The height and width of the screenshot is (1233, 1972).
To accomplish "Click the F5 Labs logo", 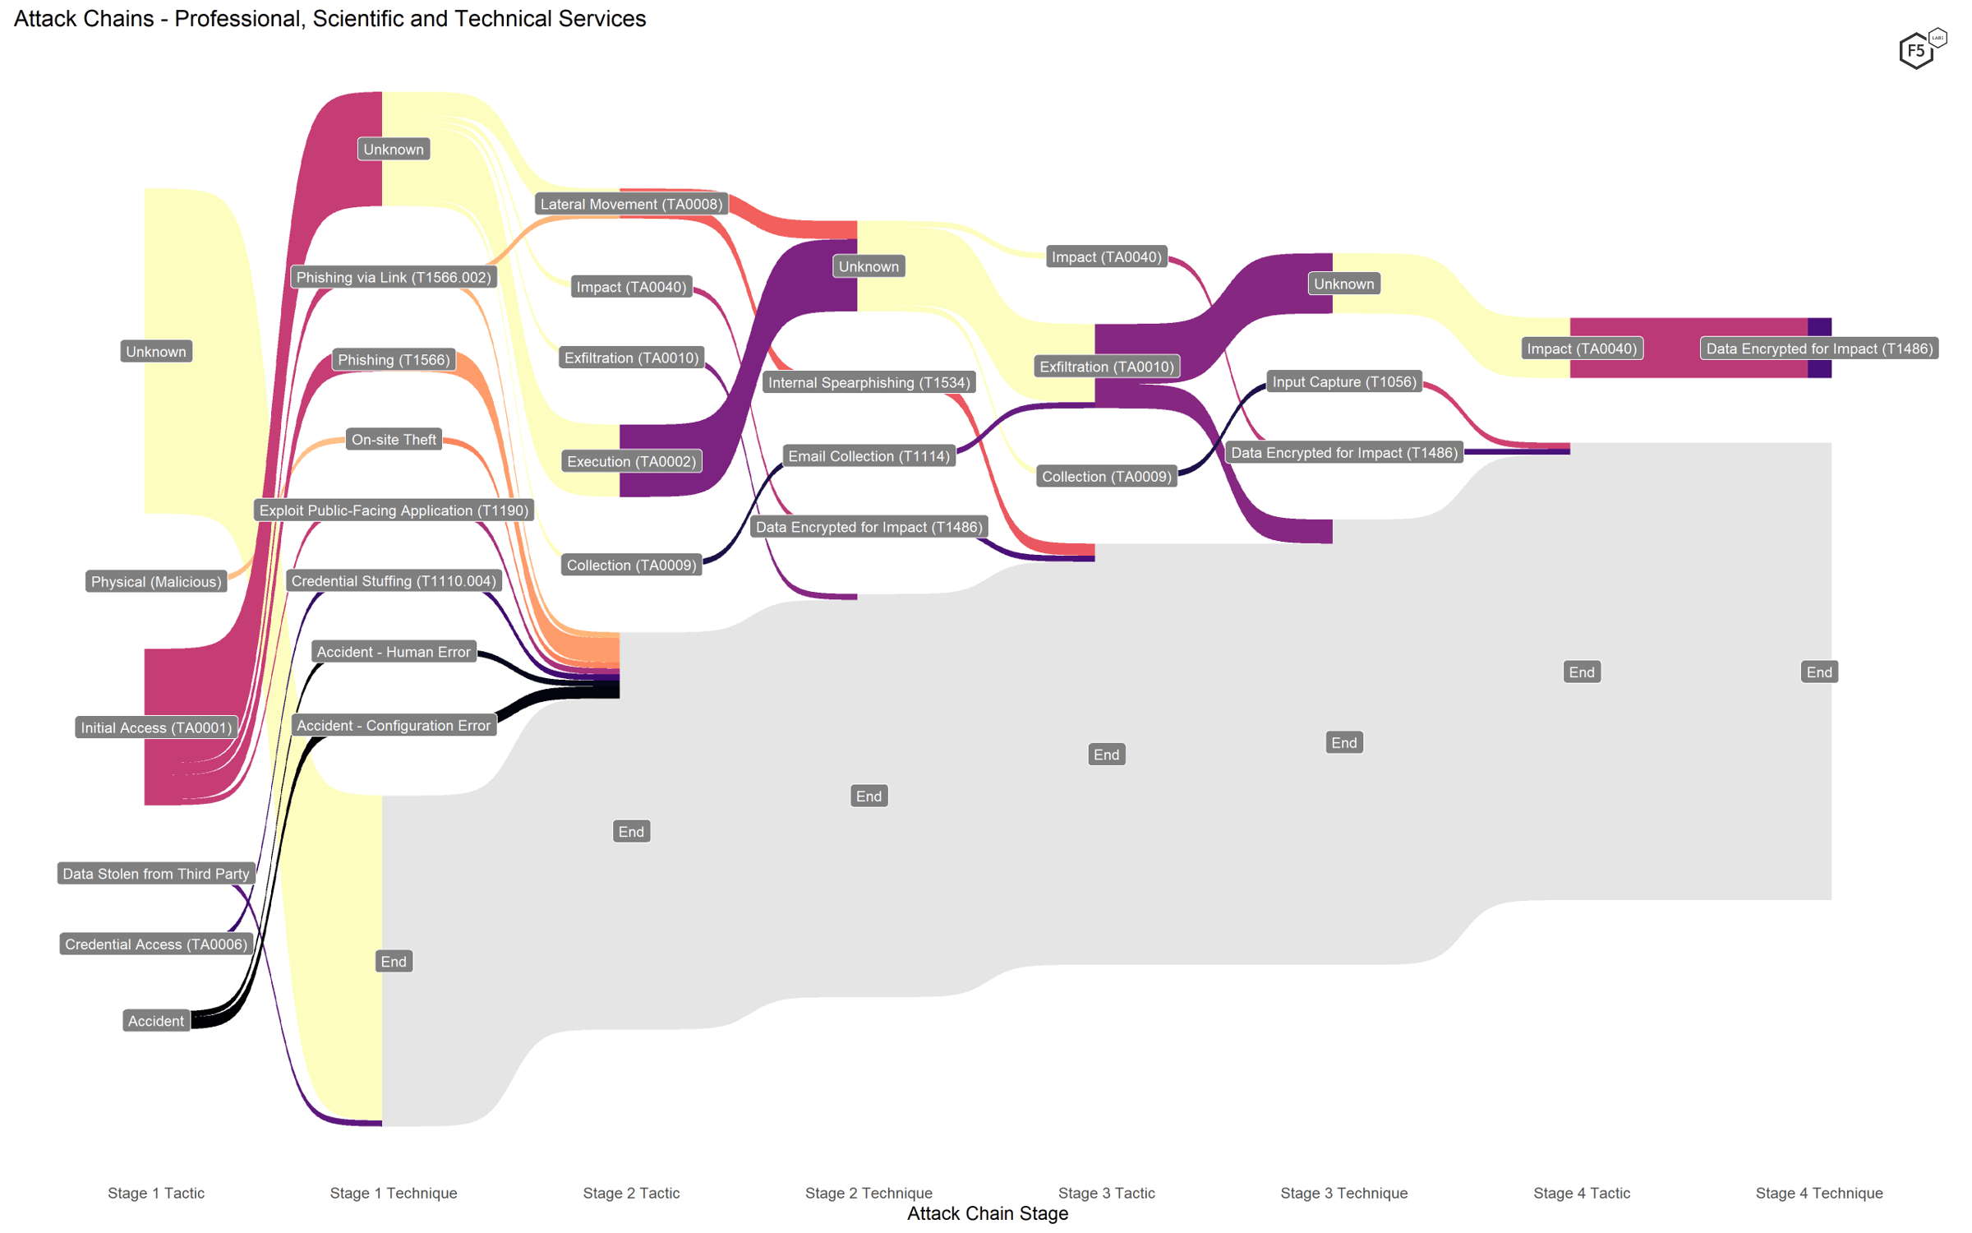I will pyautogui.click(x=1919, y=50).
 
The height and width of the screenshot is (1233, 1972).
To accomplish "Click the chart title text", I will pyautogui.click(x=329, y=19).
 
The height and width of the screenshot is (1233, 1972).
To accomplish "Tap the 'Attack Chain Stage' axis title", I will pyautogui.click(x=987, y=1213).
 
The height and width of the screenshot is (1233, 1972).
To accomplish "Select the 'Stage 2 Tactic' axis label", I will pyautogui.click(x=631, y=1193).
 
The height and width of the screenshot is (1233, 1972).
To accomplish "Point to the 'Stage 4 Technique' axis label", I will pyautogui.click(x=1818, y=1193).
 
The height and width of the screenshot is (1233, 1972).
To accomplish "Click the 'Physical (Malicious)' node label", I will pyautogui.click(x=156, y=582).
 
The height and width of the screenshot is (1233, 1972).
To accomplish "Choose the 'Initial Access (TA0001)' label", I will pyautogui.click(x=156, y=727).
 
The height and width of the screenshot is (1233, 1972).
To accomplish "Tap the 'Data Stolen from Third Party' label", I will pyautogui.click(x=156, y=874).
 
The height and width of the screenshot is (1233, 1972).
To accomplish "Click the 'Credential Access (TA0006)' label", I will pyautogui.click(x=156, y=944).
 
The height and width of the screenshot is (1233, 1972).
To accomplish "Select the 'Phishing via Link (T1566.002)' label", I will pyautogui.click(x=394, y=278).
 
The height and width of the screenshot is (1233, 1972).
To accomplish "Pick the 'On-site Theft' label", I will pyautogui.click(x=394, y=440).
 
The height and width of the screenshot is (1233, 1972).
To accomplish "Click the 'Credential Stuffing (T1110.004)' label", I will pyautogui.click(x=394, y=581).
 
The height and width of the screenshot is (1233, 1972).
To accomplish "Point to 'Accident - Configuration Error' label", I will pyautogui.click(x=394, y=726).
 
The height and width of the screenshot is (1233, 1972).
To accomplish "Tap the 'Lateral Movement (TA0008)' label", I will pyautogui.click(x=631, y=204).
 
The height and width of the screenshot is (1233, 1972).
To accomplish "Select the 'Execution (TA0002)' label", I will pyautogui.click(x=631, y=462).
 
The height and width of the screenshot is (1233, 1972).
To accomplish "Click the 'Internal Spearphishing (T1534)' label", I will pyautogui.click(x=869, y=382).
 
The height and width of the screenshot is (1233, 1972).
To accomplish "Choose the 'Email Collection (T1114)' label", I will pyautogui.click(x=869, y=456).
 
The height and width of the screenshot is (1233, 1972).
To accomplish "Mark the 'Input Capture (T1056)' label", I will pyautogui.click(x=1343, y=382).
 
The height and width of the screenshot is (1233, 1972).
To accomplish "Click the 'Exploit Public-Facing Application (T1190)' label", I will pyautogui.click(x=394, y=510).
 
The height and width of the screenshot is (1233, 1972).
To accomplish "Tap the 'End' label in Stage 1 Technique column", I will pyautogui.click(x=394, y=962).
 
